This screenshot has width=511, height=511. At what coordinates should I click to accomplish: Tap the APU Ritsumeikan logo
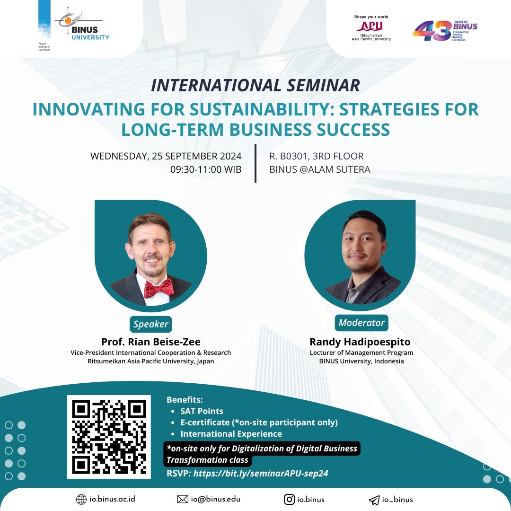click(x=371, y=28)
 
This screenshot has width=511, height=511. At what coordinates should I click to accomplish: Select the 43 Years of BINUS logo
click(x=445, y=31)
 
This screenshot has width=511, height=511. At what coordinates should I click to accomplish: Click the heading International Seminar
click(x=255, y=85)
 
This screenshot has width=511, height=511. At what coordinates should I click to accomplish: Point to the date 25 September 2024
click(x=196, y=156)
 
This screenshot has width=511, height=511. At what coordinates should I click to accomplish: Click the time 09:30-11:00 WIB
click(x=206, y=169)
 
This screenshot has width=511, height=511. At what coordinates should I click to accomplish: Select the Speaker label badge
click(x=150, y=324)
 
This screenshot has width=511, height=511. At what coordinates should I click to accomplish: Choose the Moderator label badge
click(x=361, y=323)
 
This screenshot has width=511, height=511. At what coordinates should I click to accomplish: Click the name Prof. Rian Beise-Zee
click(x=151, y=342)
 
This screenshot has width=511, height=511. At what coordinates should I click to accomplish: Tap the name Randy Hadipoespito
click(x=360, y=342)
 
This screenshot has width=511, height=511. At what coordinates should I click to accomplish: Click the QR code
click(x=109, y=437)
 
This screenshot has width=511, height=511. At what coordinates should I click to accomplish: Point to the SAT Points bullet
click(x=202, y=411)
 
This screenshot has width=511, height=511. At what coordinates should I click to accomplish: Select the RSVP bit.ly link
click(x=261, y=473)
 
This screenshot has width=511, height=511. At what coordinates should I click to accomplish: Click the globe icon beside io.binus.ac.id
click(x=81, y=499)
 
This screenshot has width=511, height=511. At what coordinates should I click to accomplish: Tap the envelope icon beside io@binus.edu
click(x=183, y=499)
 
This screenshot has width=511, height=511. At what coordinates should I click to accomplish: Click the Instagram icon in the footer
click(x=289, y=499)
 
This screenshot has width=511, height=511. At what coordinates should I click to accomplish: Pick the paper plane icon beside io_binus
click(x=374, y=500)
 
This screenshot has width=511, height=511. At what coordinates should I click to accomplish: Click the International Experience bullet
click(x=231, y=434)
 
